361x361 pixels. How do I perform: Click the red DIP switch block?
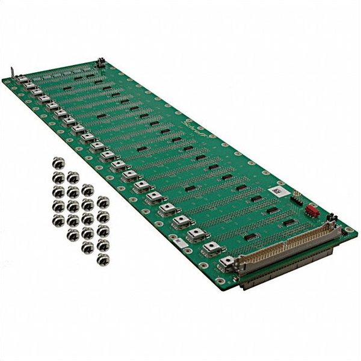coord(312,211)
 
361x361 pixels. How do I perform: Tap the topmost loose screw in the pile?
coord(58,162)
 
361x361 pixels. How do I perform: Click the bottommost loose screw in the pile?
coord(103,259)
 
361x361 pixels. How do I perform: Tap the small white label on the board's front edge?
coord(179,241)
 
